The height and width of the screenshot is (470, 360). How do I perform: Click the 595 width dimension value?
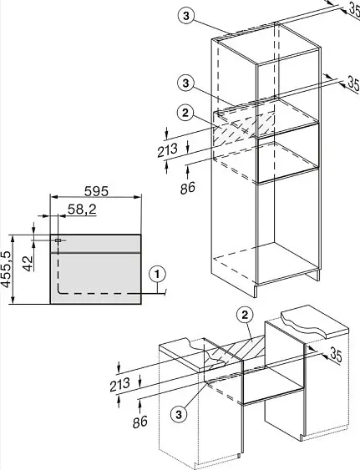96,191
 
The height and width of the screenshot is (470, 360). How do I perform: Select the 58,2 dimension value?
82,210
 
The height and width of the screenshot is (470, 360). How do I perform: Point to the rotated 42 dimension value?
28,263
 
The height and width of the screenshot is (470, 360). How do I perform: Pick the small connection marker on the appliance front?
58,240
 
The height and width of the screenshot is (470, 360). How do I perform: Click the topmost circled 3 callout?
186,16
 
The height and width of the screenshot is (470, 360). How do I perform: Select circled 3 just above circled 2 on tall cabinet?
186,83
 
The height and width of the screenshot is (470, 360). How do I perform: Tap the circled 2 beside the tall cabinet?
185,113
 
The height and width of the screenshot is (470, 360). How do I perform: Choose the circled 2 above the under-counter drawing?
245,315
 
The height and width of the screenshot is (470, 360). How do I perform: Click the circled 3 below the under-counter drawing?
179,415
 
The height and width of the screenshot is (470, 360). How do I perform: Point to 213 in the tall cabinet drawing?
168,149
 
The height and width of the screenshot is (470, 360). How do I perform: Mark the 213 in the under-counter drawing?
119,385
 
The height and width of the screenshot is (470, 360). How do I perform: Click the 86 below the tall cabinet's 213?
187,188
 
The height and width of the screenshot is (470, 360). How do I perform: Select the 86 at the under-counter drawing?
140,422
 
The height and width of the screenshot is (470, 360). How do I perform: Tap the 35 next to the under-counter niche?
336,355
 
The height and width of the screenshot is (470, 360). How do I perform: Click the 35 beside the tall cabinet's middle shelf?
353,83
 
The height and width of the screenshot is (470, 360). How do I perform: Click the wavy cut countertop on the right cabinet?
313,322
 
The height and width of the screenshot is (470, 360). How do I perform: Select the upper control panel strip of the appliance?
95,244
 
